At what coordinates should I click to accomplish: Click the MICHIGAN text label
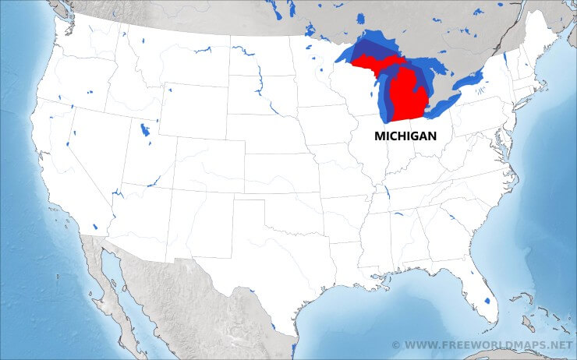point(405,136)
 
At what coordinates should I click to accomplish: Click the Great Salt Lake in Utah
point(144,129)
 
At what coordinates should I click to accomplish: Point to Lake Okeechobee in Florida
point(488,300)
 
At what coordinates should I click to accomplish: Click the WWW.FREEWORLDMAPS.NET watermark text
point(488,344)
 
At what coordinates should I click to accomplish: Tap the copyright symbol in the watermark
point(396,344)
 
